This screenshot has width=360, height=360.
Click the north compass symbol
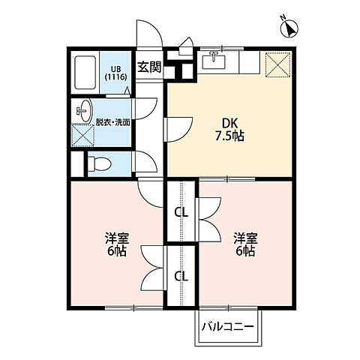[288, 28]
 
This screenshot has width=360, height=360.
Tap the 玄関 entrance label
[149, 67]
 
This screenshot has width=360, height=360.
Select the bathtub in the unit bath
[85, 73]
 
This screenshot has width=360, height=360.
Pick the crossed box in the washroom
[82, 136]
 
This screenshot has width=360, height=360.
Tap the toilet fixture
[99, 163]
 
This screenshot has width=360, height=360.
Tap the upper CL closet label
[181, 212]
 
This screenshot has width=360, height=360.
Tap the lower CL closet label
[181, 275]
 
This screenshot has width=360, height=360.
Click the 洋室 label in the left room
[116, 238]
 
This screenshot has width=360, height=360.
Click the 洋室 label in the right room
[245, 238]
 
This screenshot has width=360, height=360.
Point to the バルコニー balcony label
[227, 327]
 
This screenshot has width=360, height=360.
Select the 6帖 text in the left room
[116, 252]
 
